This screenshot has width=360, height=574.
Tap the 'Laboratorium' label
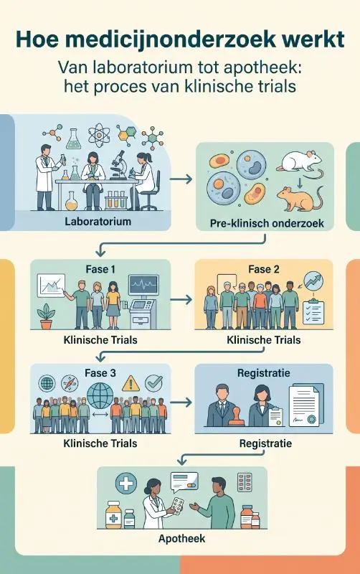point(98,222)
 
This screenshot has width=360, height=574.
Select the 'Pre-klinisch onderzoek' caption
point(267,223)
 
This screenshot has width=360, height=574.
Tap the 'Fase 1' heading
point(100,270)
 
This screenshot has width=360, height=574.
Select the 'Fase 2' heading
point(263,270)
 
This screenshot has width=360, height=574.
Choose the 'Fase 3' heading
point(100,373)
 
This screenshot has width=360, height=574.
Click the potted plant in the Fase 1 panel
point(46,316)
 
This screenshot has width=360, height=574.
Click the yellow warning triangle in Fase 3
point(131,384)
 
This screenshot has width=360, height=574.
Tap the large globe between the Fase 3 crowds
point(100,396)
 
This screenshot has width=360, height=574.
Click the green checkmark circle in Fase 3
point(153,383)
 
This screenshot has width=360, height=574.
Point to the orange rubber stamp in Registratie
point(237,417)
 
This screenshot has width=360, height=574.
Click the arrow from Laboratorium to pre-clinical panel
point(181,179)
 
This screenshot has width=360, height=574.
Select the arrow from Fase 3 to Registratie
point(181,403)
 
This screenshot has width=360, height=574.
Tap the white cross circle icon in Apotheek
point(126,483)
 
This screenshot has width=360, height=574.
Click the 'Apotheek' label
point(182,539)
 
